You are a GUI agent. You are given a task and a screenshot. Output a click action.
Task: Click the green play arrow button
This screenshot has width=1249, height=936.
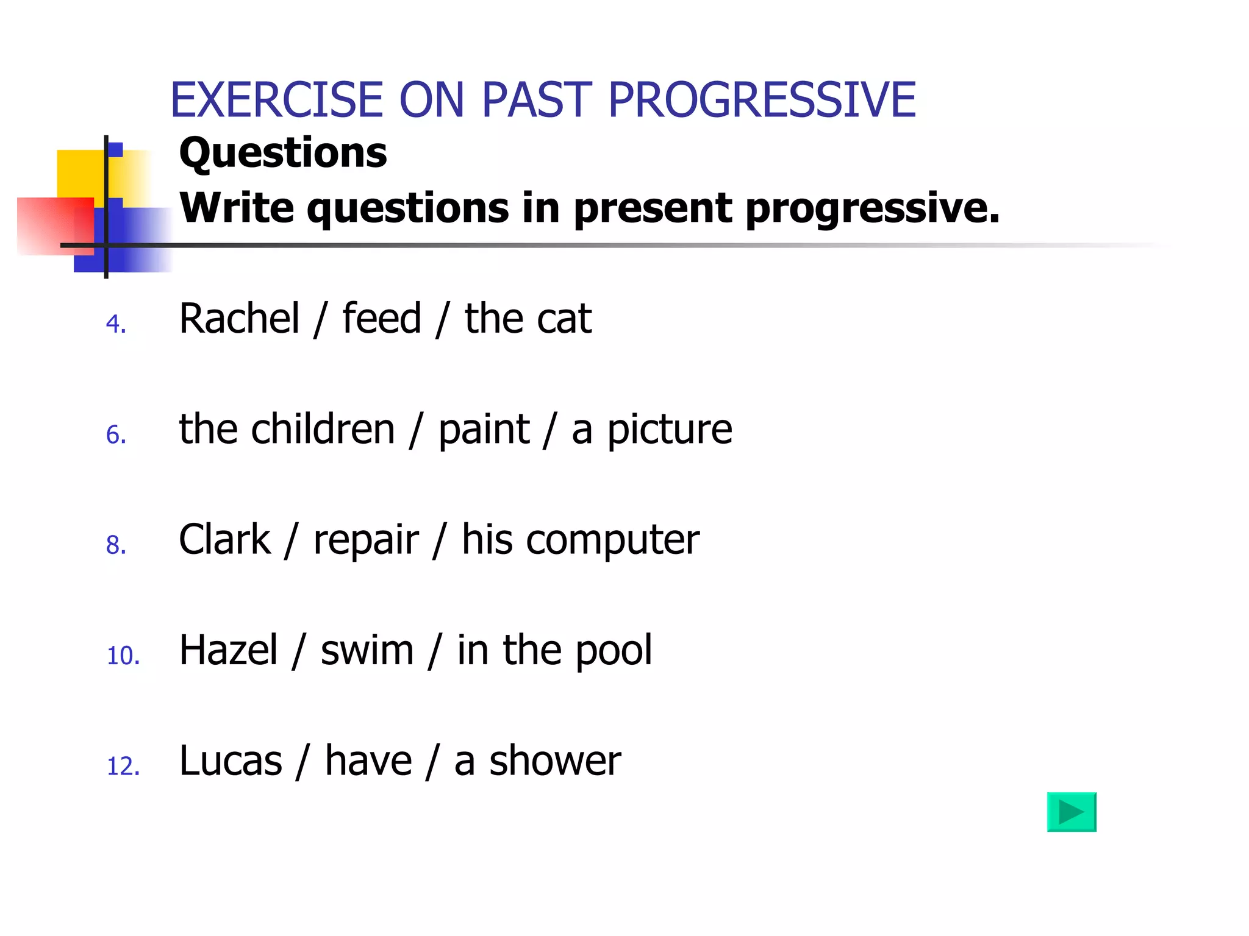point(1071,812)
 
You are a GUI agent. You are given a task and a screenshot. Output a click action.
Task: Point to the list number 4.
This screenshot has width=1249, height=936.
point(115,324)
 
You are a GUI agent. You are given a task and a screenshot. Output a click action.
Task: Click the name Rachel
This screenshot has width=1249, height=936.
point(239,318)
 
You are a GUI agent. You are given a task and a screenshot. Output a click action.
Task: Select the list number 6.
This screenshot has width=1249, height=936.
point(115,435)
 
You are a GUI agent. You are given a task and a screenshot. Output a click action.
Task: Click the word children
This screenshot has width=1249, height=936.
point(323,429)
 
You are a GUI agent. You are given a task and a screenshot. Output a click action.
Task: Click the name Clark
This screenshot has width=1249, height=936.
point(224,539)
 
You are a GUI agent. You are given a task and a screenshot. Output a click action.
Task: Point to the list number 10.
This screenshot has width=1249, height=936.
point(123,656)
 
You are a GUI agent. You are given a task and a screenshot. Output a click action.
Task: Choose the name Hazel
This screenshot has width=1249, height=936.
point(228,650)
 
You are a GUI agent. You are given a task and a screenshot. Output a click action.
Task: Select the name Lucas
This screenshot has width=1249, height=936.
point(231,760)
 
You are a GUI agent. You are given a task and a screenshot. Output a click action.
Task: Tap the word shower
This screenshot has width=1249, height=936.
point(555,760)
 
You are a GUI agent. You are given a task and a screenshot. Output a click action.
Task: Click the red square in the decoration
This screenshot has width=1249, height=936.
point(55,225)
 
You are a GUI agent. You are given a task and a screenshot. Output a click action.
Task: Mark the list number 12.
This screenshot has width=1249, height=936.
point(123,767)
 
